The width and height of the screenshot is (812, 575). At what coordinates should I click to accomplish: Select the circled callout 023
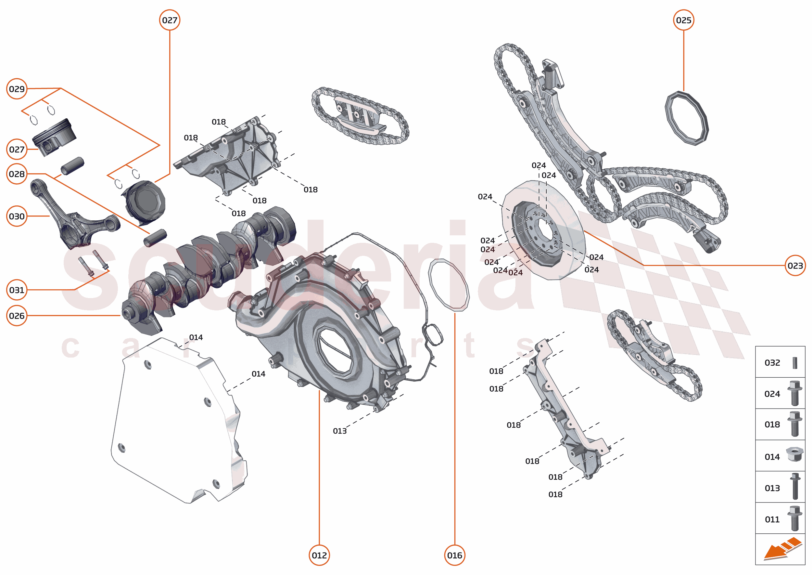pos(795,266)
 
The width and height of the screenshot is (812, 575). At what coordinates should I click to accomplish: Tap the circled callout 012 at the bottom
pos(319,555)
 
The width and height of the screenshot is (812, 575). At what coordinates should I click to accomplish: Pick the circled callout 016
pos(454,555)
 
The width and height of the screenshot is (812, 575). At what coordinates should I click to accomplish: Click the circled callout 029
pos(17,89)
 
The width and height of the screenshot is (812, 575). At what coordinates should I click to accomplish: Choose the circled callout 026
pos(17,316)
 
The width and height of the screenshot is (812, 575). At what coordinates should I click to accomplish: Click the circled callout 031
pos(17,290)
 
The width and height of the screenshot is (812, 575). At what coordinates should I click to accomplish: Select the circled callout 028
pos(17,174)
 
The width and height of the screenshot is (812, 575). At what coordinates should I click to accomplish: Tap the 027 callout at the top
pos(170,20)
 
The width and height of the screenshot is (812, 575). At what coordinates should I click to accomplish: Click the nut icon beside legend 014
pos(794,454)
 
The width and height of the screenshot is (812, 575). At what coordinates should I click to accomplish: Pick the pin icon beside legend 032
pos(795,362)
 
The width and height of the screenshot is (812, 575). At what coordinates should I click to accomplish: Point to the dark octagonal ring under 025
pos(686,118)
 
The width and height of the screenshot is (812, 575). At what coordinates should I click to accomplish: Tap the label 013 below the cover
pos(340,431)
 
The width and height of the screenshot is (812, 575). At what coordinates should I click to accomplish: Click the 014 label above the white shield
pos(196,337)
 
